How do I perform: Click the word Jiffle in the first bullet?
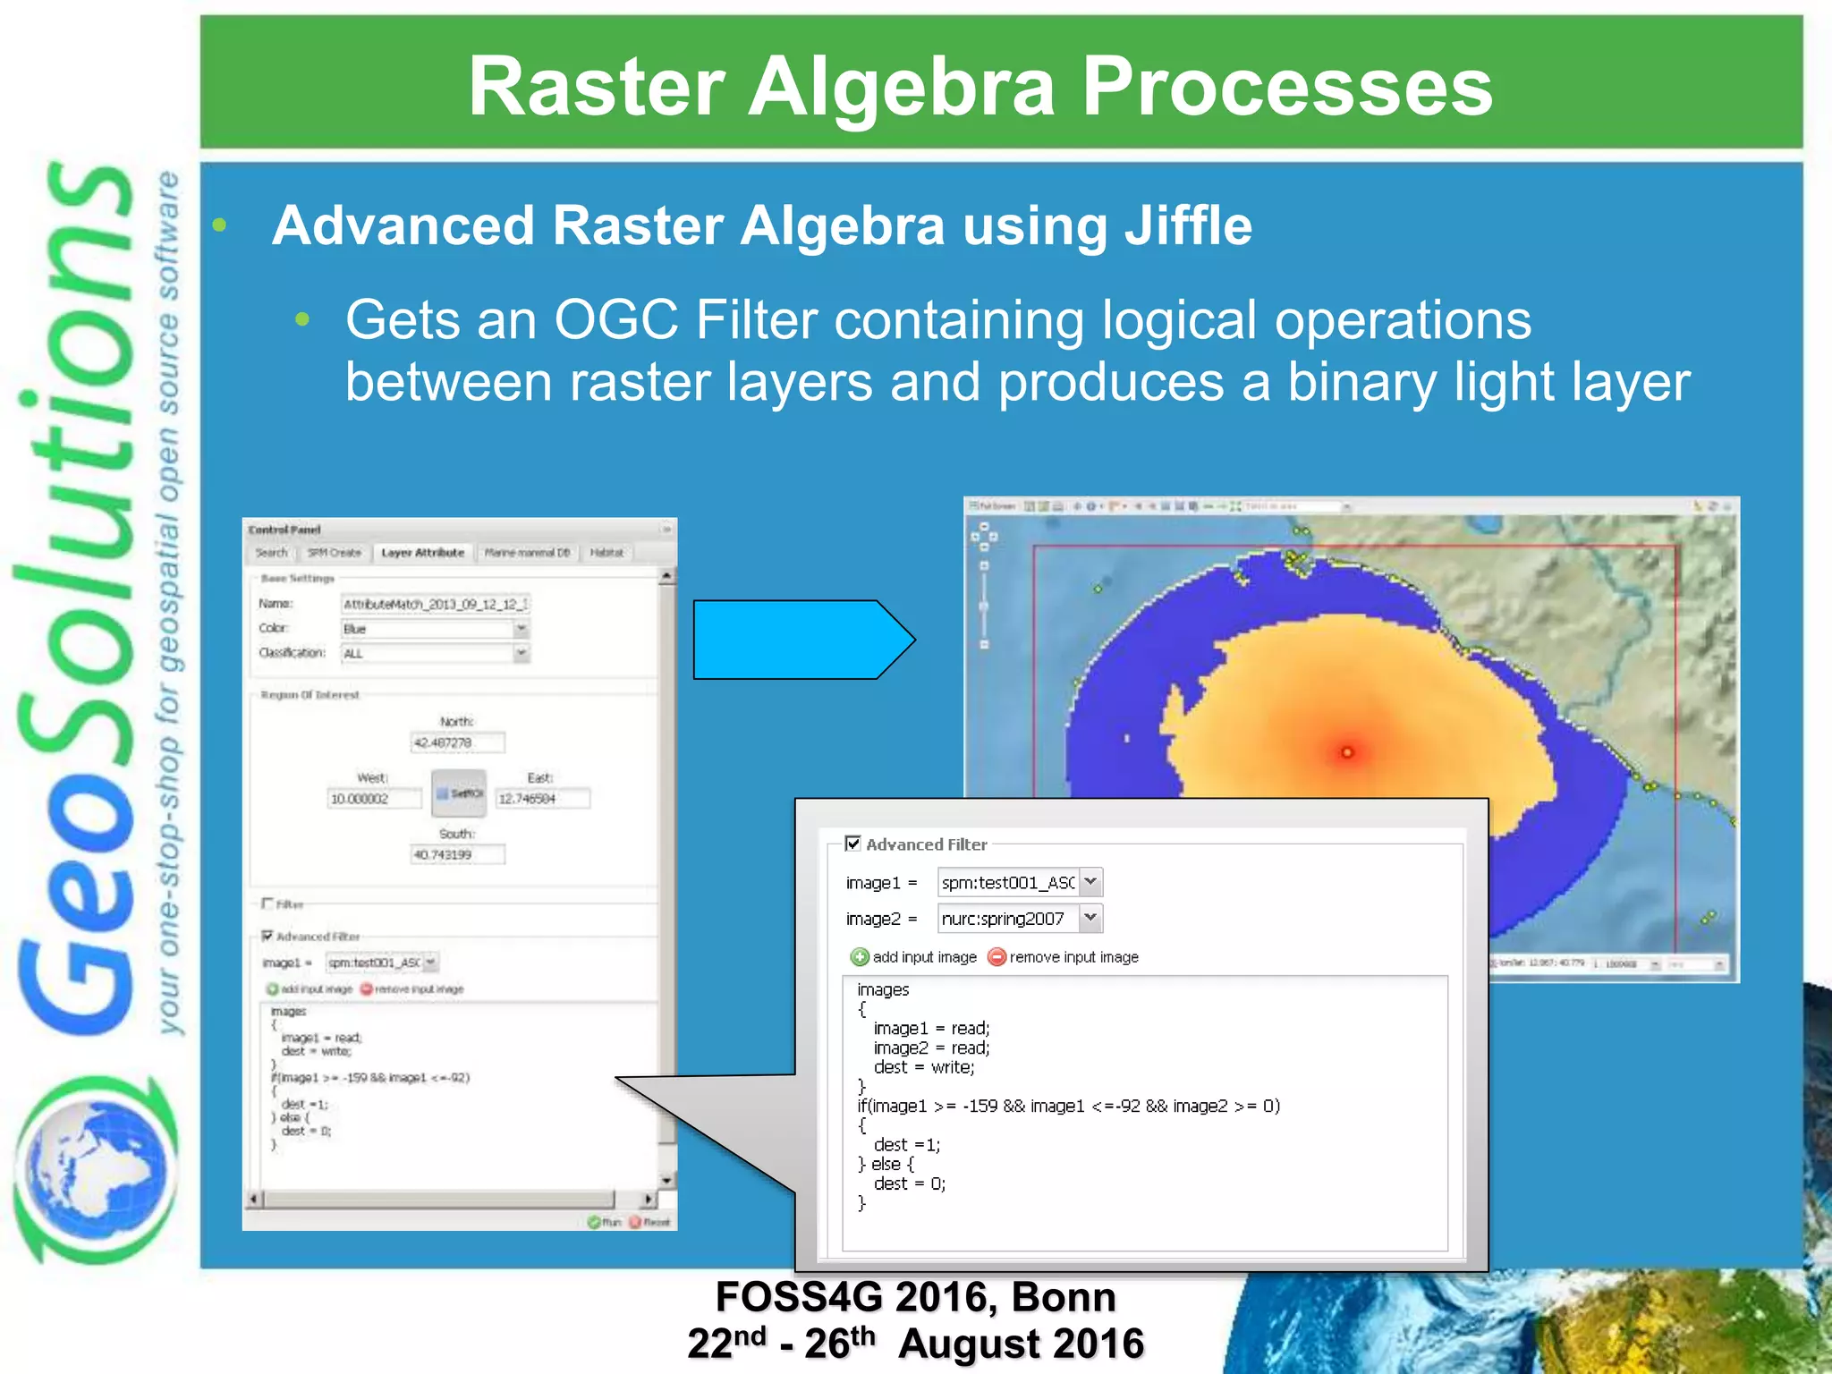(1187, 225)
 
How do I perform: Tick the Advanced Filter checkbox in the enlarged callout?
(852, 844)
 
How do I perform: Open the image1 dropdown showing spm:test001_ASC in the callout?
(1090, 882)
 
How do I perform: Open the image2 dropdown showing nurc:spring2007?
(1090, 918)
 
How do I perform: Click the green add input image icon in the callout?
(860, 957)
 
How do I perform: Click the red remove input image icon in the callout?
(997, 957)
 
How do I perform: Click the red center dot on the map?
(1347, 752)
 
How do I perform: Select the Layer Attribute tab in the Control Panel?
(422, 553)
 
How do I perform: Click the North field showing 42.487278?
(457, 742)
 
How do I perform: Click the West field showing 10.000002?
(373, 798)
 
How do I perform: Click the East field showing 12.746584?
(543, 798)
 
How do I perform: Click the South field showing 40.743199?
(457, 854)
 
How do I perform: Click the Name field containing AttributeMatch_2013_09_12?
(436, 605)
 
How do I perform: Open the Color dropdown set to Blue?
(522, 629)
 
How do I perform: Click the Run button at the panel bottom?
(605, 1222)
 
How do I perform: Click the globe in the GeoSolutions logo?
(94, 1167)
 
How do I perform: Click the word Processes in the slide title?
(1287, 87)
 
